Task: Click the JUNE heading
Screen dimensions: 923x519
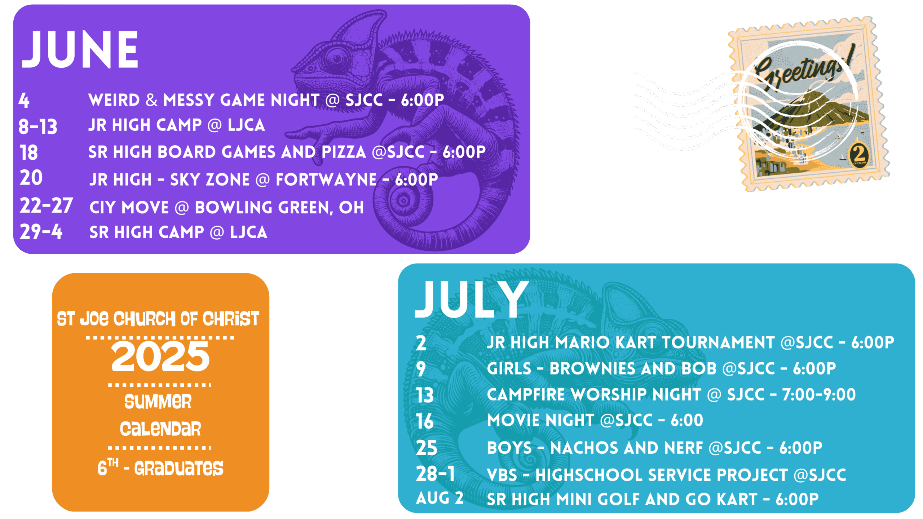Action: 80,49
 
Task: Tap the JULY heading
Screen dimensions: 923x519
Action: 472,299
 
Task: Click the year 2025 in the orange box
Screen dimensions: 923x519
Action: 160,356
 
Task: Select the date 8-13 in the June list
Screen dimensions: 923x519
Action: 38,127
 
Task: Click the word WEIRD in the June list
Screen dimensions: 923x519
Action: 114,100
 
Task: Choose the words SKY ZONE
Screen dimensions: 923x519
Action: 210,179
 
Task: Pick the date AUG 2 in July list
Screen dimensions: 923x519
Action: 440,498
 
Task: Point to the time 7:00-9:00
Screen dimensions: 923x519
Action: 819,395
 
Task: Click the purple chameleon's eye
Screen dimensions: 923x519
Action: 337,58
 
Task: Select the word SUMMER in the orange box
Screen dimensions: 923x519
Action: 158,402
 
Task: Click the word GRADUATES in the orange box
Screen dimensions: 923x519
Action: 179,468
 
